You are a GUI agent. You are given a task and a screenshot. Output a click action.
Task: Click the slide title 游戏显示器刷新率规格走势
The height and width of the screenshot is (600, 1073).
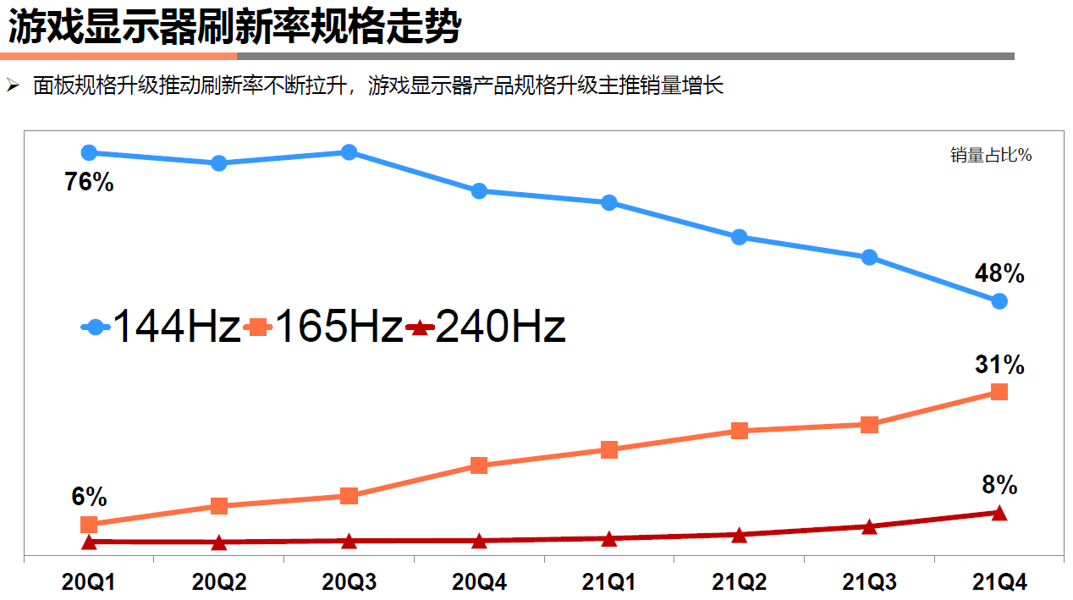(234, 27)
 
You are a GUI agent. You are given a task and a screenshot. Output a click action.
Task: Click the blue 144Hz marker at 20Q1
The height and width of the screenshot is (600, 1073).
(89, 152)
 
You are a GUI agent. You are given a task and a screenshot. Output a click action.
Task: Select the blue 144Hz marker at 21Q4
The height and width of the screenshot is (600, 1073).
(999, 300)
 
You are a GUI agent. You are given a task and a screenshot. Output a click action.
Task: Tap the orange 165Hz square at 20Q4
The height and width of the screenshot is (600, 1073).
(479, 465)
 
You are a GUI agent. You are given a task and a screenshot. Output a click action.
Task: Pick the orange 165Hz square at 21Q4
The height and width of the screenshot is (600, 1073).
(999, 391)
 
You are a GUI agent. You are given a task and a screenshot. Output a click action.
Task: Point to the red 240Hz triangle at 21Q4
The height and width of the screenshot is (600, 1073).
(999, 513)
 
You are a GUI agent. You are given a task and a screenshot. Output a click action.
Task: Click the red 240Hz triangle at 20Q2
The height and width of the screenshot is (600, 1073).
(219, 542)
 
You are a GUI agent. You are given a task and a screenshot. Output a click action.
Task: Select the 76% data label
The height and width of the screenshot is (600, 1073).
(89, 182)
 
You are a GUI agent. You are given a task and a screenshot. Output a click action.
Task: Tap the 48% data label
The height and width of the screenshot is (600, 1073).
(999, 273)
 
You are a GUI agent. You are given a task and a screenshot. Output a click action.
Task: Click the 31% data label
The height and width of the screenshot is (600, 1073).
(999, 365)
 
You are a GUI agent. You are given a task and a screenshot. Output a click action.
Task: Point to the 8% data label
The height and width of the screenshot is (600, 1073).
(999, 485)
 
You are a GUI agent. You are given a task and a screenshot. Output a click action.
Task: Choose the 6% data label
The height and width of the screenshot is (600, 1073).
(89, 497)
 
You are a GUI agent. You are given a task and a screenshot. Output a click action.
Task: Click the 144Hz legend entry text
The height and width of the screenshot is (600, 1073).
(176, 327)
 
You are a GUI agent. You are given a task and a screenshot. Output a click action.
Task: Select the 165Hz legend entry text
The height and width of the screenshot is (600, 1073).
(338, 327)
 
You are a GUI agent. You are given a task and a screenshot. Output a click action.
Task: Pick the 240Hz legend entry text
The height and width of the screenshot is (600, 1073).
(500, 327)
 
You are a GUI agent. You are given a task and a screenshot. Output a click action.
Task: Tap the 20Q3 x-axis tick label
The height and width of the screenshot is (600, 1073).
(349, 582)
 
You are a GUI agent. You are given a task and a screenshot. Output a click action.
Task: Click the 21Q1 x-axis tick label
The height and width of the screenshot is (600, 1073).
(608, 582)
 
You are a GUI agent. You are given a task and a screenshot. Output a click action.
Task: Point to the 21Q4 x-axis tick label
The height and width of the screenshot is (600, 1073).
(999, 582)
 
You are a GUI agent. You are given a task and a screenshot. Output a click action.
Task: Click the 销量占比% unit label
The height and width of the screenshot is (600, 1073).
(990, 155)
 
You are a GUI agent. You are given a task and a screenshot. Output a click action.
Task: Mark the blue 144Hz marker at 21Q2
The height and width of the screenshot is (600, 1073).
(739, 237)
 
